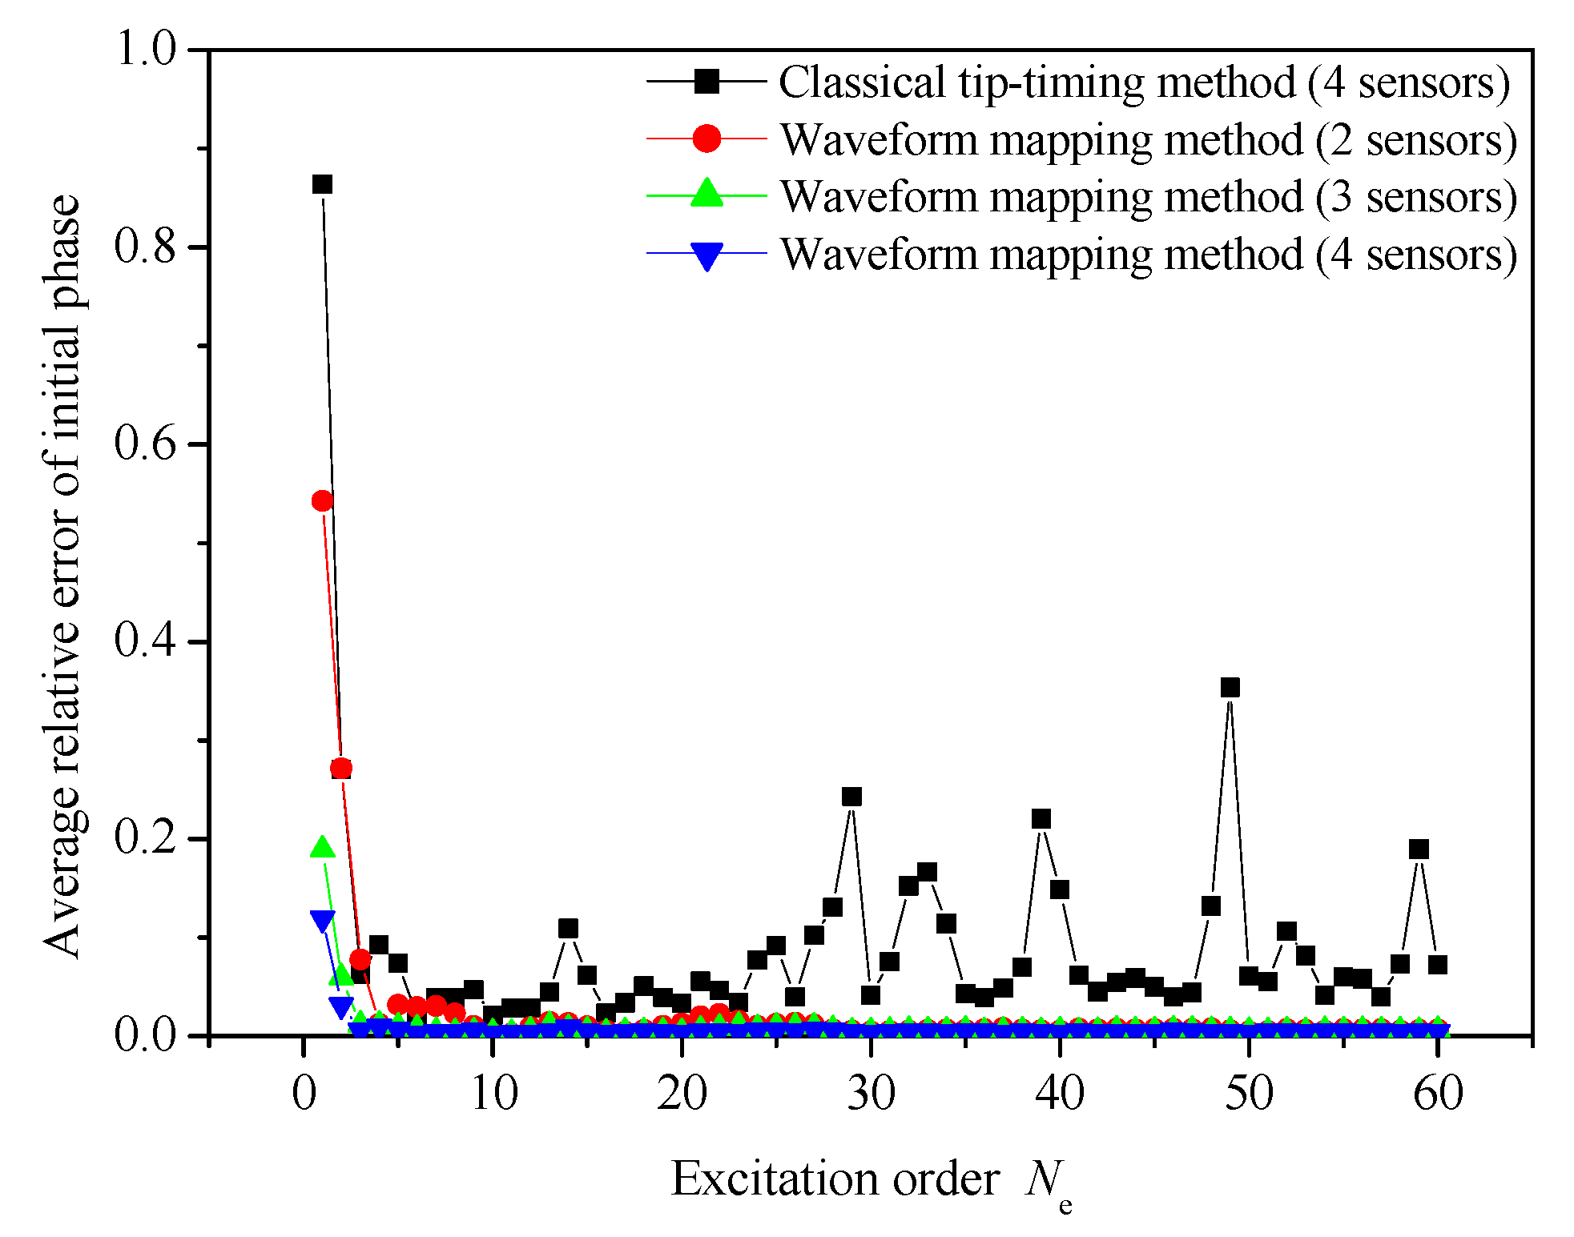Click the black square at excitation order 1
coord(322,184)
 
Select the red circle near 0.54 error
coord(322,501)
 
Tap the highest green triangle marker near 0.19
coord(322,847)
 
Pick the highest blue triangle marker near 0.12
coord(322,921)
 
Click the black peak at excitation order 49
coord(1230,687)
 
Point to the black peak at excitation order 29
coord(851,797)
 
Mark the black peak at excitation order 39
coord(1041,818)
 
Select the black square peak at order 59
coord(1419,849)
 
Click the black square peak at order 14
coord(568,928)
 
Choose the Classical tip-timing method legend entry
coord(1144,82)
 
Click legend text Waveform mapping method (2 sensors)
coord(1148,140)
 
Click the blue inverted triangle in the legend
coord(706,256)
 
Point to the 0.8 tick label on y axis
coord(145,246)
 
